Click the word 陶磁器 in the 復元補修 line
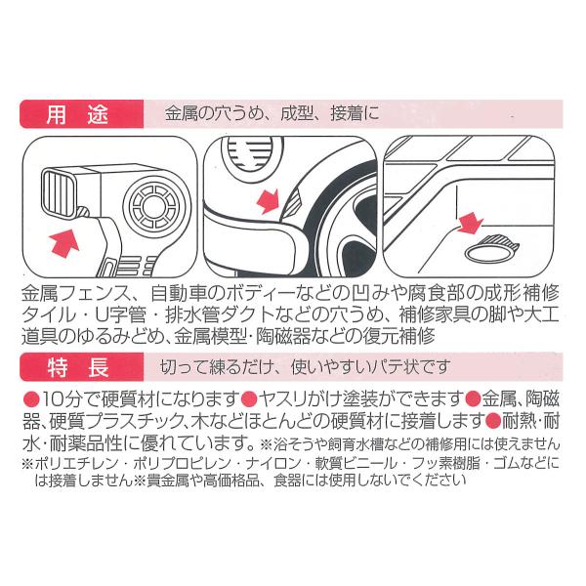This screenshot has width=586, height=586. pyautogui.click(x=312, y=335)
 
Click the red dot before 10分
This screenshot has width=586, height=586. pyautogui.click(x=31, y=398)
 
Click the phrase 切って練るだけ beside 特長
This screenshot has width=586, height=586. pyautogui.click(x=209, y=368)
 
